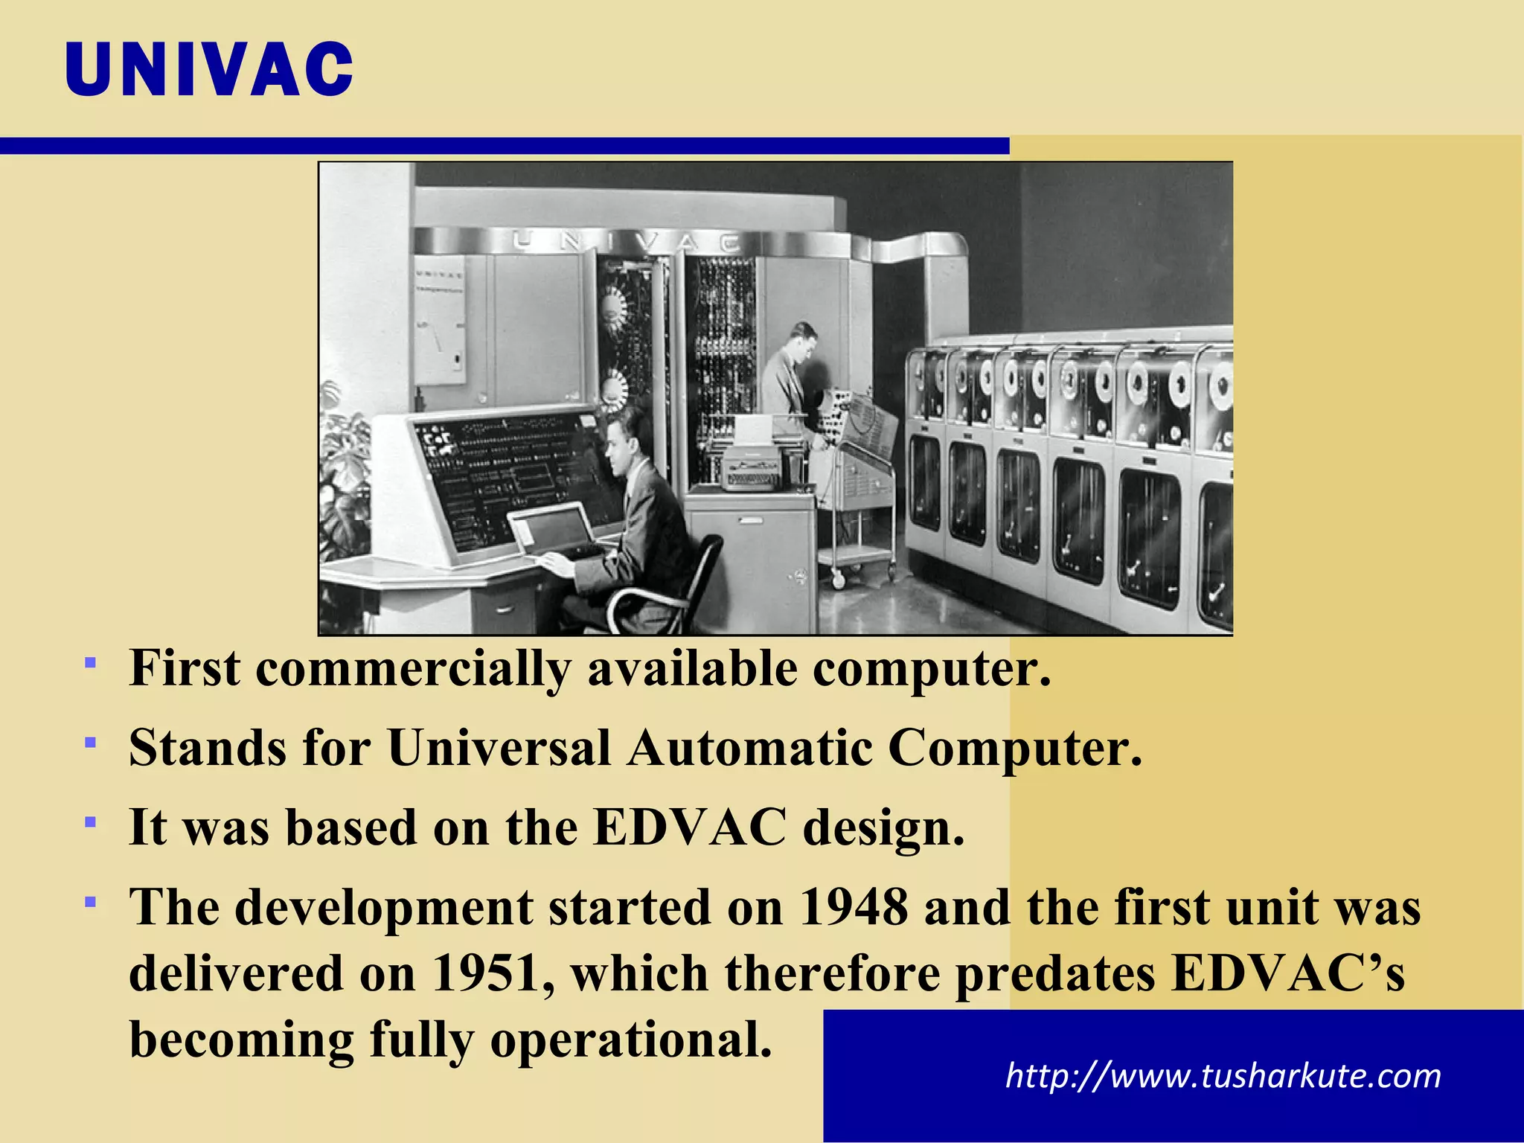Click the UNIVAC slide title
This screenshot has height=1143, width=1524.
[x=209, y=69]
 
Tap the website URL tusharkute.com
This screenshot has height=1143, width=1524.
[x=1223, y=1076]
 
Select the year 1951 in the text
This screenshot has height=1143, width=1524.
[x=486, y=973]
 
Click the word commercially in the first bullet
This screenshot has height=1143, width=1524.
[x=413, y=668]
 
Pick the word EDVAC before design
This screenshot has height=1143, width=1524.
[x=689, y=827]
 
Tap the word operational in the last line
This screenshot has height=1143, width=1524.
[x=631, y=1039]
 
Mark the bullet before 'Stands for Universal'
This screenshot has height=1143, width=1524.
[x=90, y=743]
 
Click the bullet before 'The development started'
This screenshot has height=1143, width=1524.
[x=90, y=903]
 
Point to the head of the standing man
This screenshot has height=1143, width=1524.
[x=802, y=339]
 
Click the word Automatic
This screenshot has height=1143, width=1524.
[x=749, y=747]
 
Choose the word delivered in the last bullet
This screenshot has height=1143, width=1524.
[x=234, y=973]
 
